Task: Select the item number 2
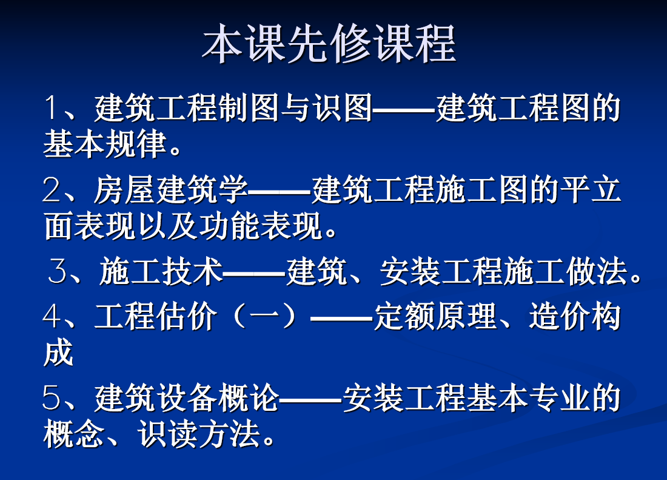[x=52, y=189]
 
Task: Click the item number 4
[x=52, y=316]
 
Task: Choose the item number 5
[x=52, y=398]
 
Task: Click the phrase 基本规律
[x=105, y=144]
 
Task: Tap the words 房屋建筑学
[x=170, y=189]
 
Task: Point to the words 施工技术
[x=161, y=271]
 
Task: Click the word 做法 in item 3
[x=597, y=271]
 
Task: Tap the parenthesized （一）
[x=265, y=316]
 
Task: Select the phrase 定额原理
[x=435, y=316]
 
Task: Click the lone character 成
[x=59, y=353]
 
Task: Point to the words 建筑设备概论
[x=187, y=398]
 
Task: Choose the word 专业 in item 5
[x=560, y=398]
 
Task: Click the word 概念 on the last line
[x=74, y=434]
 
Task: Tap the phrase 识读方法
[x=199, y=434]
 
